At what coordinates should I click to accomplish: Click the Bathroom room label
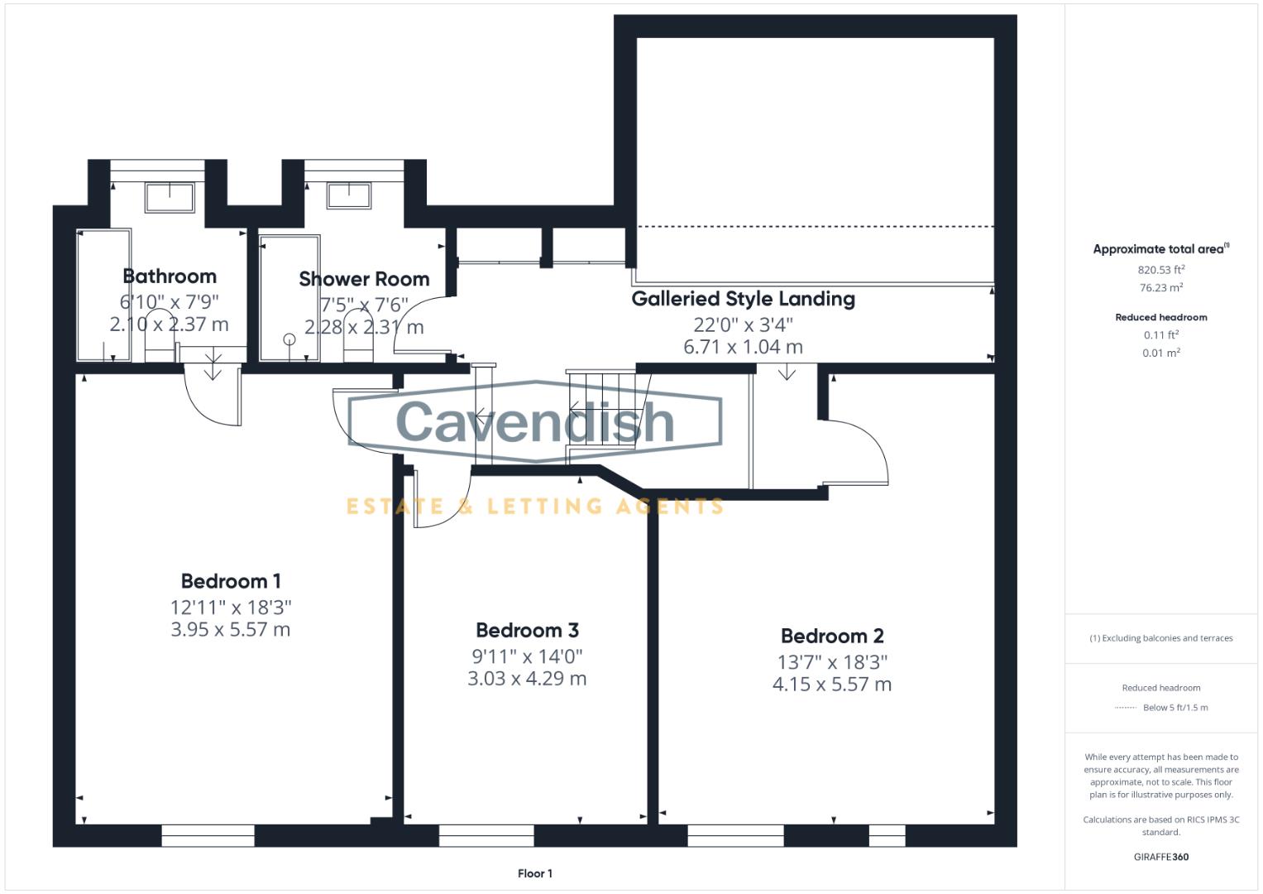(170, 276)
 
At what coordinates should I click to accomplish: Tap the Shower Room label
(364, 279)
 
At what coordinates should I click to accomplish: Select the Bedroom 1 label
(231, 581)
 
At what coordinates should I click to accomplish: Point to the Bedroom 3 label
(527, 631)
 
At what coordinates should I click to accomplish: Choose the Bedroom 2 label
(832, 637)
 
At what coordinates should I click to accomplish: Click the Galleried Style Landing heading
(743, 299)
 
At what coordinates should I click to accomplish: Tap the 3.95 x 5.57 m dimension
(230, 630)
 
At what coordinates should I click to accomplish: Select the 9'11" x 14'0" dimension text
(527, 656)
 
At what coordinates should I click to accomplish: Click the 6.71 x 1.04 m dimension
(743, 347)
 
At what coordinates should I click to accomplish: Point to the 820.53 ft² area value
(1160, 270)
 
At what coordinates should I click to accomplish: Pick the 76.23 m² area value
(1160, 288)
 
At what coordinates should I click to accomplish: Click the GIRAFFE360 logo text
(1160, 857)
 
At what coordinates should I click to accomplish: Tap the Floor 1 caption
(534, 873)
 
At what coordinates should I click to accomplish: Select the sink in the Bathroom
(170, 198)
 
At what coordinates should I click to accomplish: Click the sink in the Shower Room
(348, 196)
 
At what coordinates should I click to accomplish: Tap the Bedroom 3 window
(486, 836)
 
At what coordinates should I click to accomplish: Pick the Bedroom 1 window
(208, 836)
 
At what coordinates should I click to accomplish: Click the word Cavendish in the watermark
(535, 421)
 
